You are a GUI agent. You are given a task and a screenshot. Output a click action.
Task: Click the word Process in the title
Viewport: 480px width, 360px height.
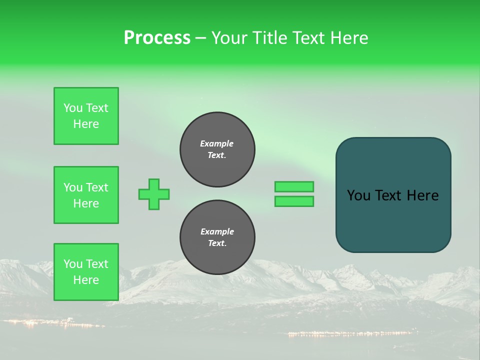tap(157, 38)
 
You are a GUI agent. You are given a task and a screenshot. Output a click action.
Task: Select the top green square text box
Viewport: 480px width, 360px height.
tap(86, 116)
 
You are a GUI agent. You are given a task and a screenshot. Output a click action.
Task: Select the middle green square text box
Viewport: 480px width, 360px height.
tap(86, 195)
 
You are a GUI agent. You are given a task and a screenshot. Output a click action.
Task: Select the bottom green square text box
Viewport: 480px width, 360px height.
tap(86, 272)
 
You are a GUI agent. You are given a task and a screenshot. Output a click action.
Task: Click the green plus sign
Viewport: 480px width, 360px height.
tap(154, 194)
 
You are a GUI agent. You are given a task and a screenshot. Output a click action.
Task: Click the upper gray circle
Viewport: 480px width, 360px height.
tap(217, 149)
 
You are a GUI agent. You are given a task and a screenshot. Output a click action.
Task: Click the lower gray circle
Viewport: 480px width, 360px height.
tap(217, 237)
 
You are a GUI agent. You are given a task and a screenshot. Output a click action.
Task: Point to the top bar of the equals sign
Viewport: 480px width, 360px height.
tap(294, 187)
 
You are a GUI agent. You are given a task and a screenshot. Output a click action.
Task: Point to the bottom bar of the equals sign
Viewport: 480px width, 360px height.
tap(294, 201)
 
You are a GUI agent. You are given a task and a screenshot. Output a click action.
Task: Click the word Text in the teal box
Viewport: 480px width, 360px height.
tap(389, 195)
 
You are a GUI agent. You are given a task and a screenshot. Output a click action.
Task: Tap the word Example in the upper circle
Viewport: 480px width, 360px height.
tap(217, 143)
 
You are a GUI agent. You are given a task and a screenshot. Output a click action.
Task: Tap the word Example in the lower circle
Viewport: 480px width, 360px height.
tap(217, 231)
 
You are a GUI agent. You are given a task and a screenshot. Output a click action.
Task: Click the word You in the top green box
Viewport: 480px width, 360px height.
tap(73, 108)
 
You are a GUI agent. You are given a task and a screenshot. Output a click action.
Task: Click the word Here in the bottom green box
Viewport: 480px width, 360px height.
tap(86, 280)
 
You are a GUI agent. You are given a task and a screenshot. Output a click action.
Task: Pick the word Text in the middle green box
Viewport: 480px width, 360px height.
tap(97, 187)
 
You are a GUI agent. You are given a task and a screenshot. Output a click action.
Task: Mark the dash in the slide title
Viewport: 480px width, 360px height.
tap(200, 38)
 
